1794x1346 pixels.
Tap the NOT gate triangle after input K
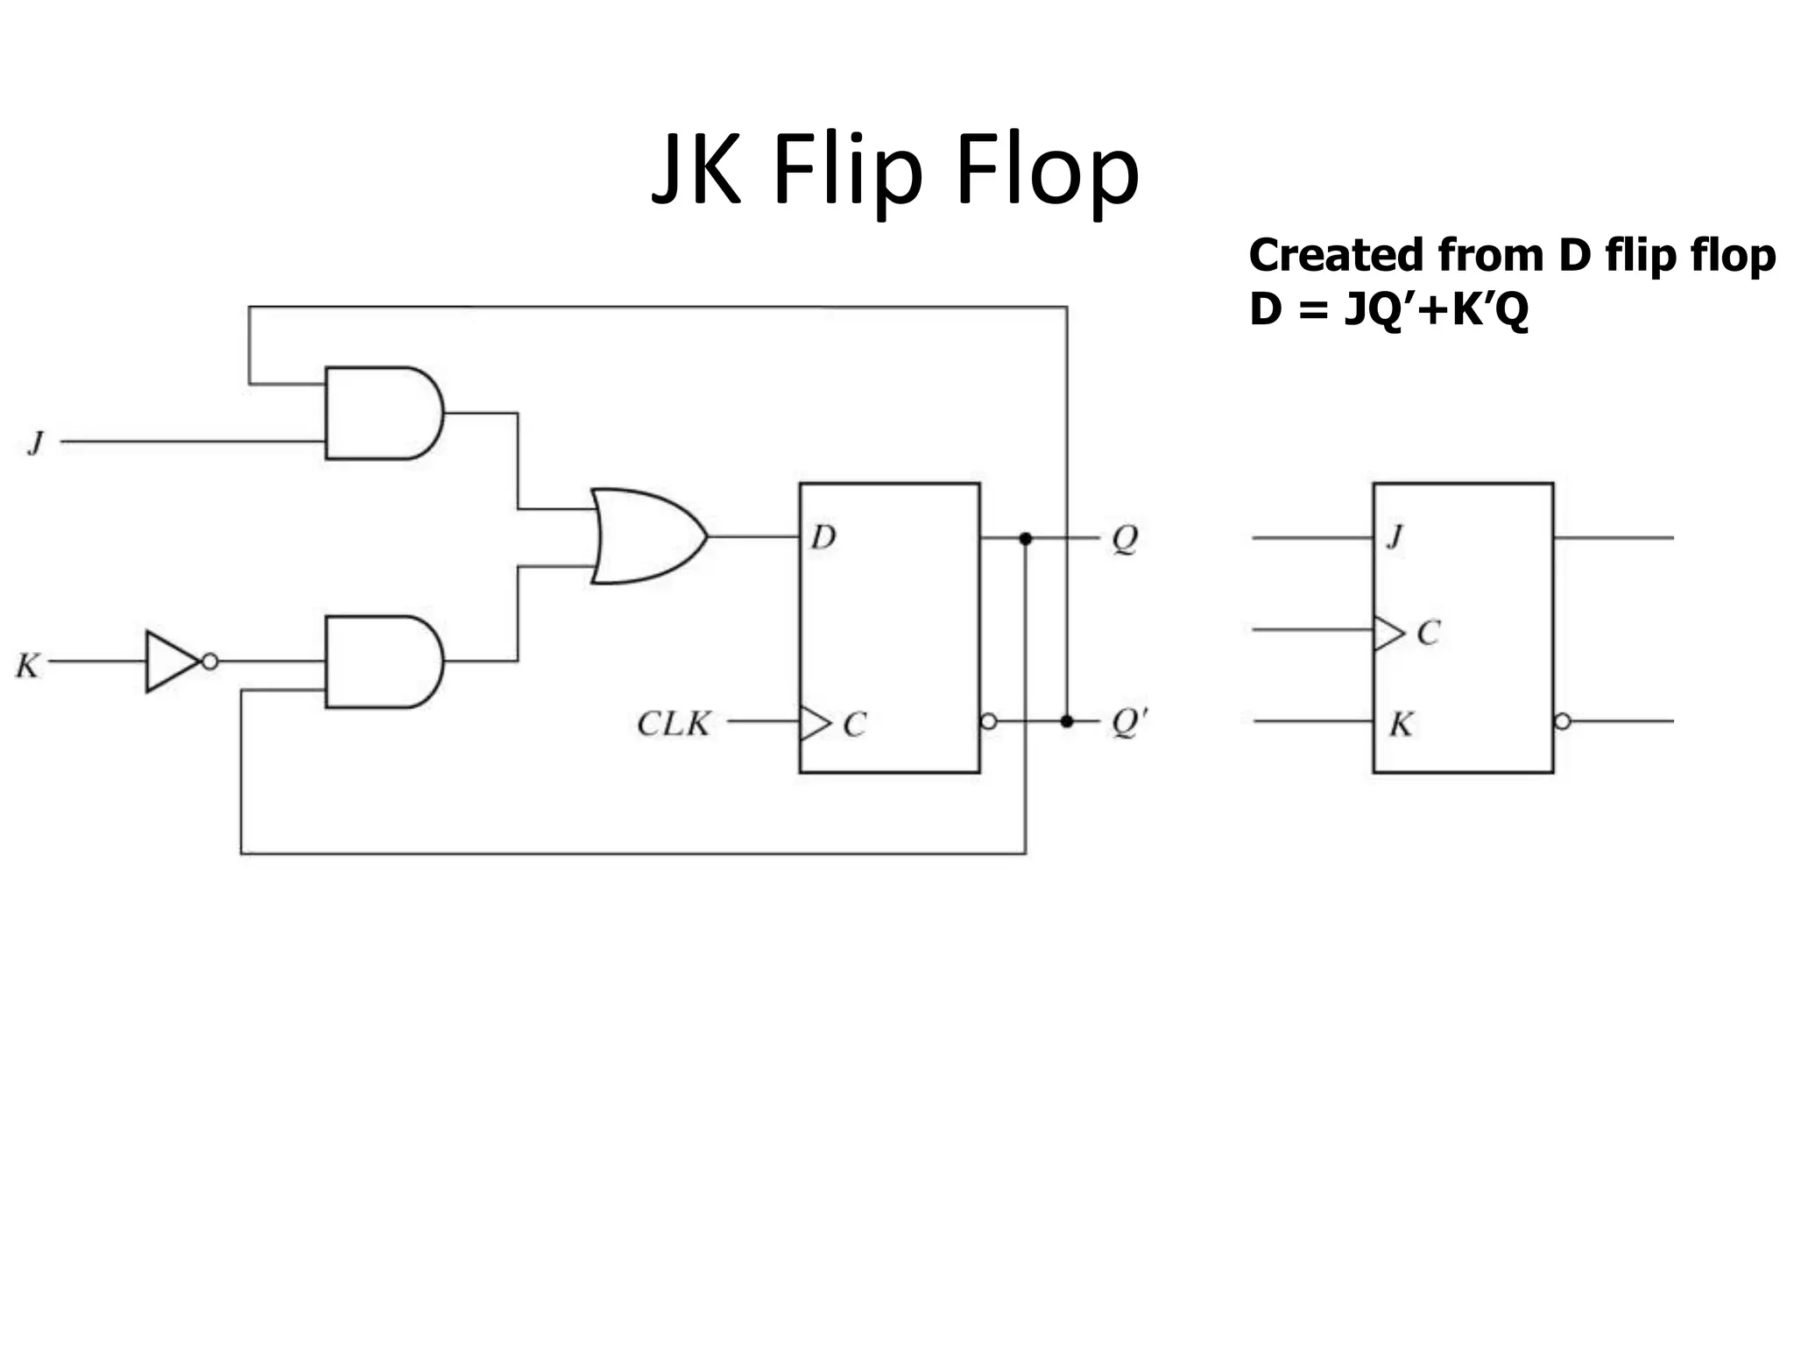170,662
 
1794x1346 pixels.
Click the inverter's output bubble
210,662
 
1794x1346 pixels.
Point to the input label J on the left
36,443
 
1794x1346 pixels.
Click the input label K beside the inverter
27,666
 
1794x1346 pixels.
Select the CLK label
673,724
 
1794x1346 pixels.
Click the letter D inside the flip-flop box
823,536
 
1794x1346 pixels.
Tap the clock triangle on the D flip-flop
814,723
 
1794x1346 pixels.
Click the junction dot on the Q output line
1026,538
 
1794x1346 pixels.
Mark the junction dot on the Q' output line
1067,721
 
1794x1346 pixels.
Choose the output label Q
1125,538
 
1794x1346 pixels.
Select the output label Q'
1128,722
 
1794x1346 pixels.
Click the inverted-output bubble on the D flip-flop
989,721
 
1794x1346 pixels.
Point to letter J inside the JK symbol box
1395,535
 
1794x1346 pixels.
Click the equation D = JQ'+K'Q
1388,309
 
